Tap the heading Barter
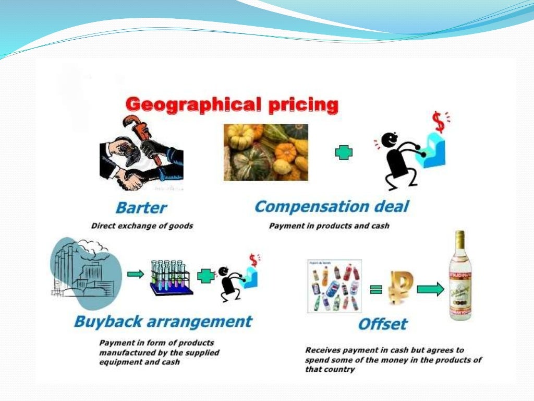click(141, 207)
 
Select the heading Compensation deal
click(332, 206)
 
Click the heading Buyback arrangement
click(163, 321)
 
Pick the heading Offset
click(382, 324)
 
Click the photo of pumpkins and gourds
click(265, 152)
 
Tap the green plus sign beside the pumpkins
click(344, 152)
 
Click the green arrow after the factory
click(135, 274)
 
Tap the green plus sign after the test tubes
click(205, 276)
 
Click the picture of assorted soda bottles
click(334, 287)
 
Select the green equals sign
click(375, 289)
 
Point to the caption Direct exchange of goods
click(142, 226)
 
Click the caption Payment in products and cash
click(329, 226)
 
